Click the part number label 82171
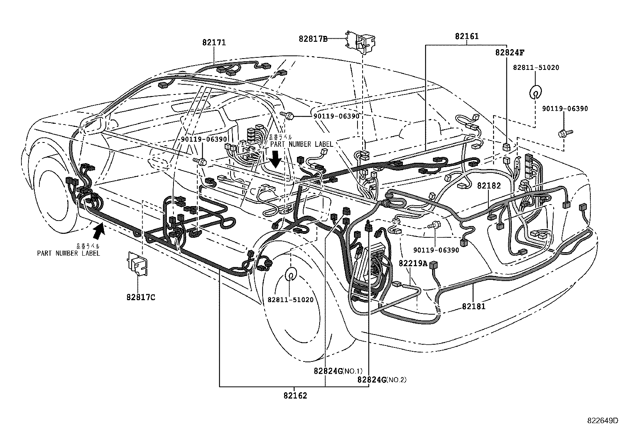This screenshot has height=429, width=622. click(x=214, y=43)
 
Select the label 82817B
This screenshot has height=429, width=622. click(x=313, y=39)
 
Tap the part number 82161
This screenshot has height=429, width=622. click(x=466, y=37)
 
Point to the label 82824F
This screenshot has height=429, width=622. click(x=510, y=52)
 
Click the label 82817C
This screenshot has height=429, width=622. click(x=141, y=297)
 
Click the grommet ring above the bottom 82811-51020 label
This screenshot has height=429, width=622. click(x=290, y=274)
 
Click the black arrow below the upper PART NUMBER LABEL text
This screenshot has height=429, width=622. click(x=276, y=158)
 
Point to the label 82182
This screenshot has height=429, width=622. click(x=489, y=186)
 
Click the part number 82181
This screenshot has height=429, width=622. click(x=474, y=306)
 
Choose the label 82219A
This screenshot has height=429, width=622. click(x=413, y=263)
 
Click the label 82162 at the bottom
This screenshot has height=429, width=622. click(x=295, y=396)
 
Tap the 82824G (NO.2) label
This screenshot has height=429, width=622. click(x=382, y=379)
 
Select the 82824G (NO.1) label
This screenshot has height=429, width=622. click(x=338, y=371)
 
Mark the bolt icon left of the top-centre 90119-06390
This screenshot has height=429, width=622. click(x=289, y=115)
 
